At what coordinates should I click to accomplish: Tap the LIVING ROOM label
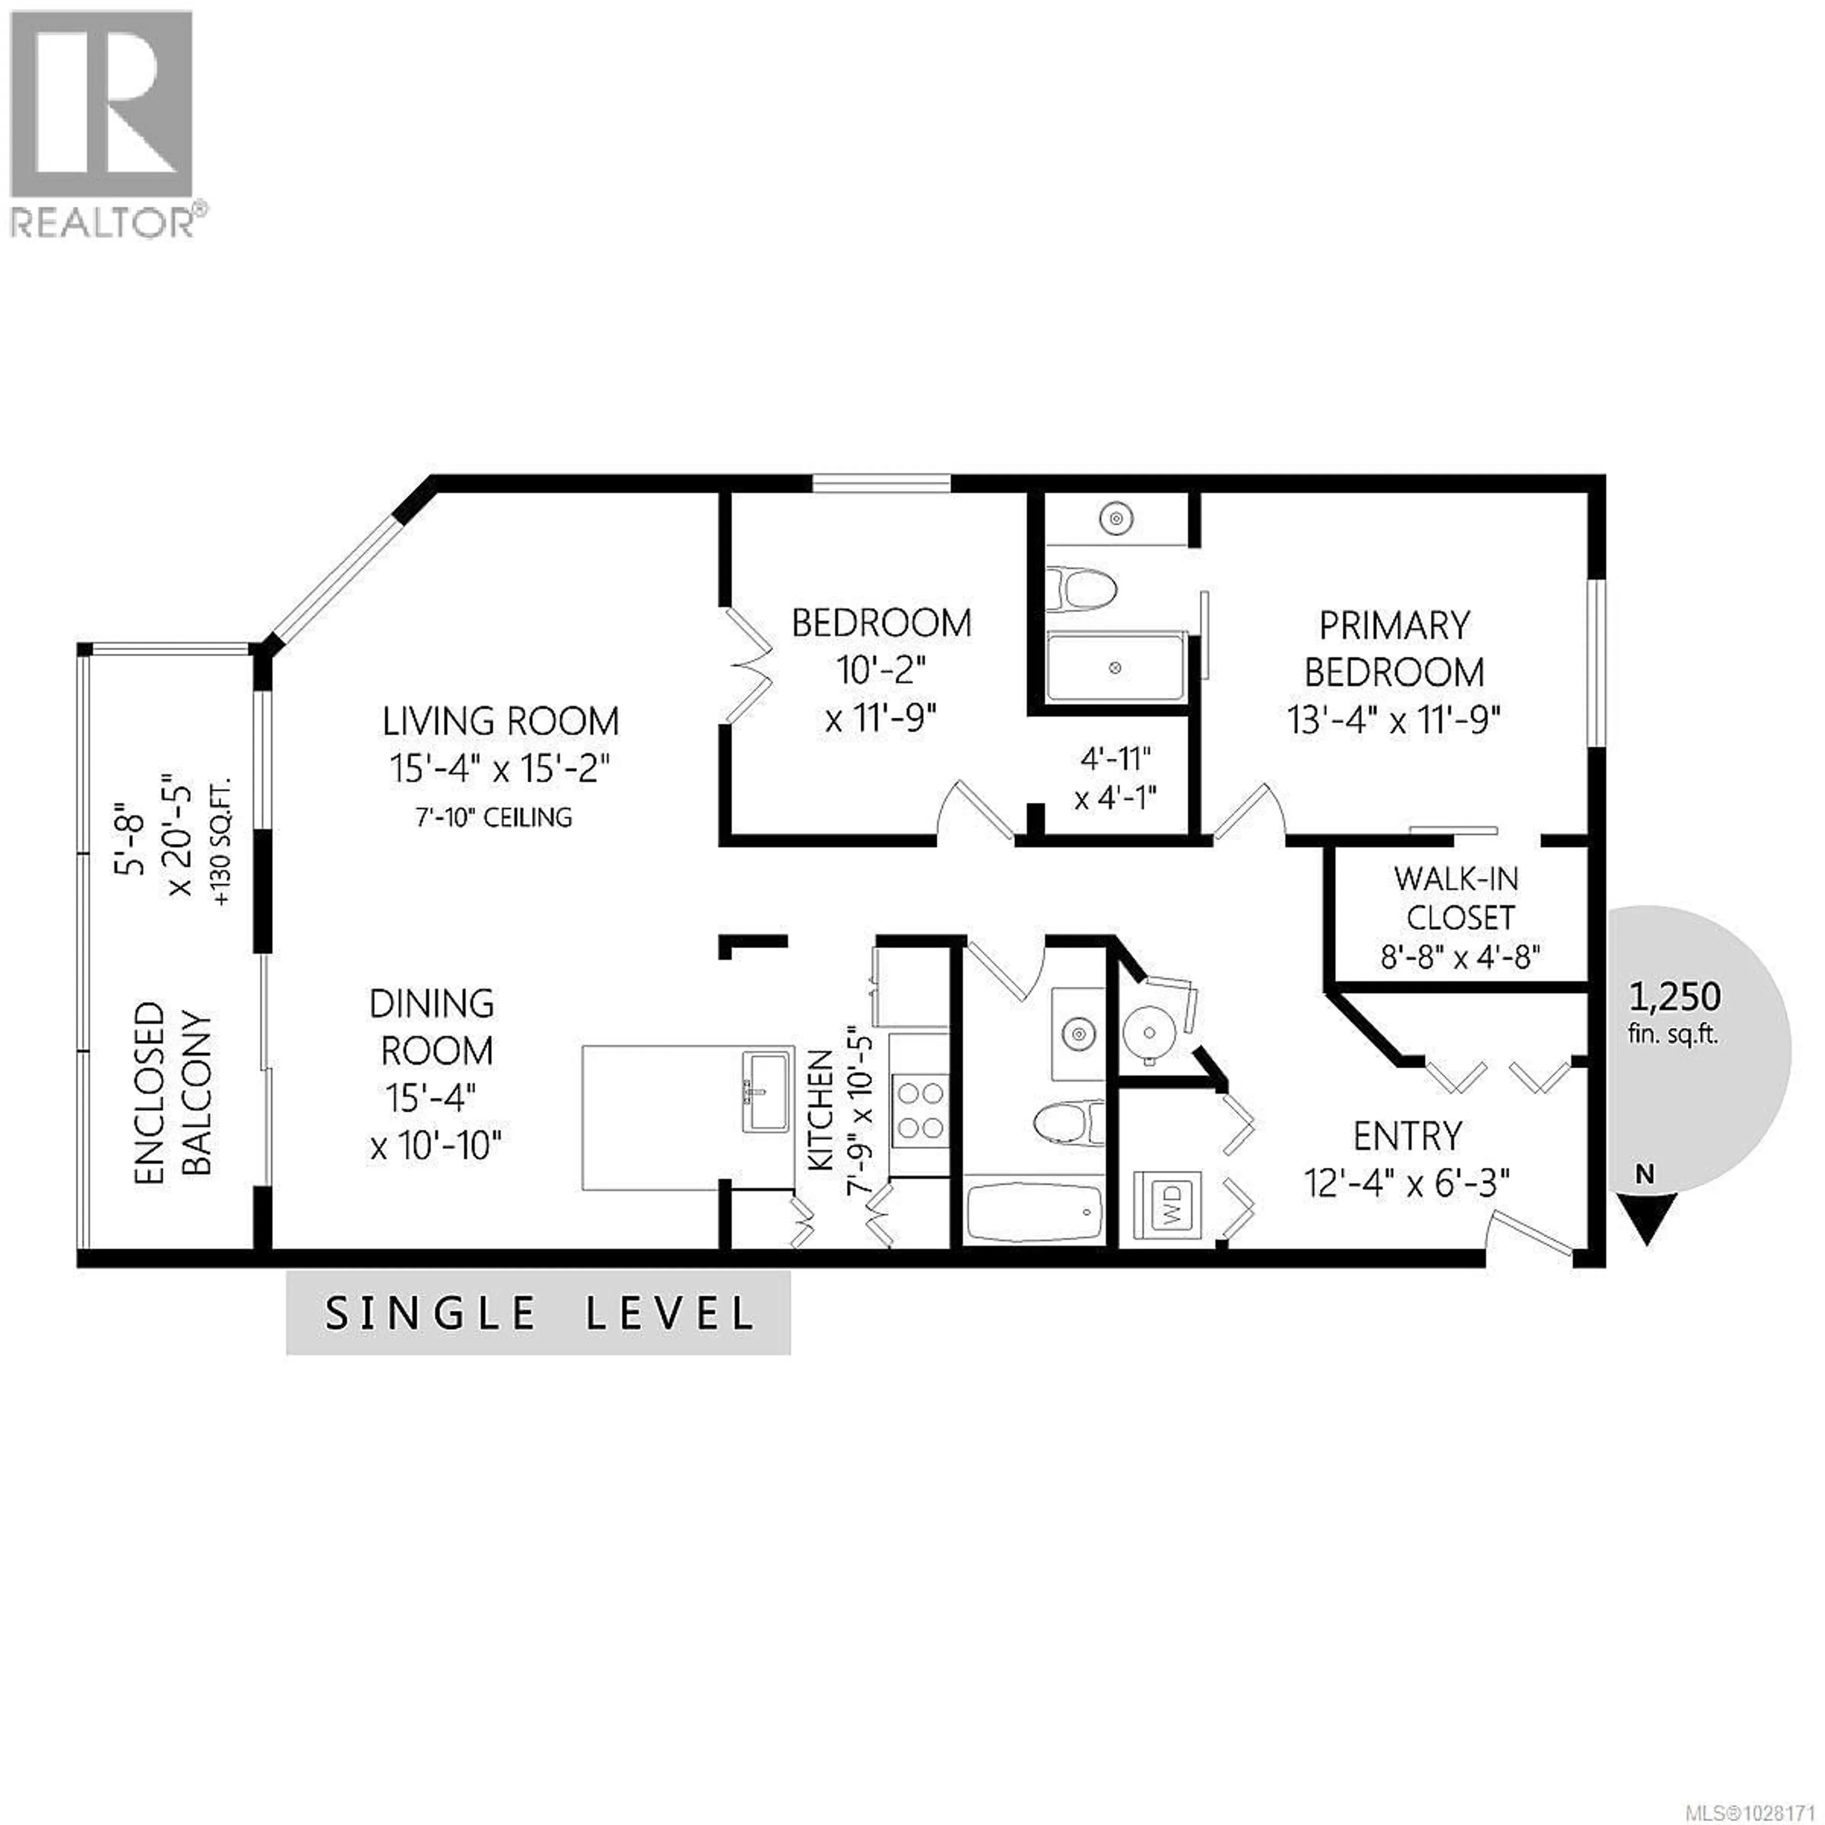point(500,722)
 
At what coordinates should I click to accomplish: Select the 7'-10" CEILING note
point(493,817)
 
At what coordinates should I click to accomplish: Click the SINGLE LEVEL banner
point(538,1313)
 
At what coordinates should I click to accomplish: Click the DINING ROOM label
point(432,1027)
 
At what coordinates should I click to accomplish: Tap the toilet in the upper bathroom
point(1082,590)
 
